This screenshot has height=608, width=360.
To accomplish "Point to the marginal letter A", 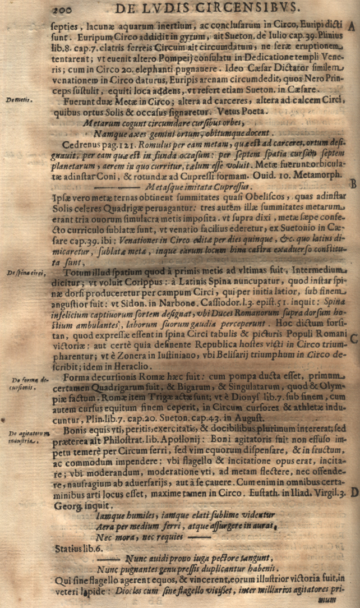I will (352, 27).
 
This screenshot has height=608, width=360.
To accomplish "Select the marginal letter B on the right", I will (353, 183).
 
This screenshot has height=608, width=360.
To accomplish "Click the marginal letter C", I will (353, 338).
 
